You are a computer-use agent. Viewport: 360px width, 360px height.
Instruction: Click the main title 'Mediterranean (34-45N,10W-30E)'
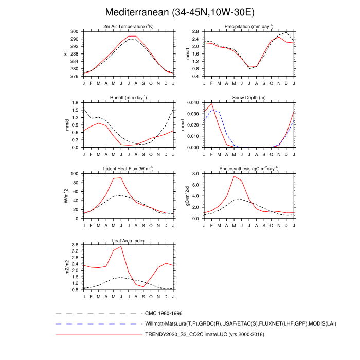point(179,12)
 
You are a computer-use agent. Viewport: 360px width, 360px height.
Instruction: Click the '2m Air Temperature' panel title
point(128,26)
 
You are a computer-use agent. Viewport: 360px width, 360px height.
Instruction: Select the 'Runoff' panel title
point(128,97)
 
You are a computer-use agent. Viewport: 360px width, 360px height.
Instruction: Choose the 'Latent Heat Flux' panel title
point(128,168)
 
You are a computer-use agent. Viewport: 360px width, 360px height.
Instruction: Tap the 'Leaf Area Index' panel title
point(128,240)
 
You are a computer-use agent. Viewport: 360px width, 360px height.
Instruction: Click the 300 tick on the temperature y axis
point(75,31)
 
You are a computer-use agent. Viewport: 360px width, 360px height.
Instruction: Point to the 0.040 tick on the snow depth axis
point(193,102)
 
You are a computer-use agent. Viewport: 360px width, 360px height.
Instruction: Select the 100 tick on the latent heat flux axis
point(75,174)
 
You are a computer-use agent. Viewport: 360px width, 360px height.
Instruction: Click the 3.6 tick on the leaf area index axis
point(75,245)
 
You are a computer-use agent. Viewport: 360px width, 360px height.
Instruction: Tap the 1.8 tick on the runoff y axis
point(75,102)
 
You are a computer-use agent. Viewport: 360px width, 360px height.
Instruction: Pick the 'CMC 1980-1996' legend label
point(164,313)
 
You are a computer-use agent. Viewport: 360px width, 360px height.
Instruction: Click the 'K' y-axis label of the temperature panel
point(66,54)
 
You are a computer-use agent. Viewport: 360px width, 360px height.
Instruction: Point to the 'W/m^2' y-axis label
point(66,196)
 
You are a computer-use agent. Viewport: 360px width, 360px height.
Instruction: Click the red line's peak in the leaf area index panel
point(121,246)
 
